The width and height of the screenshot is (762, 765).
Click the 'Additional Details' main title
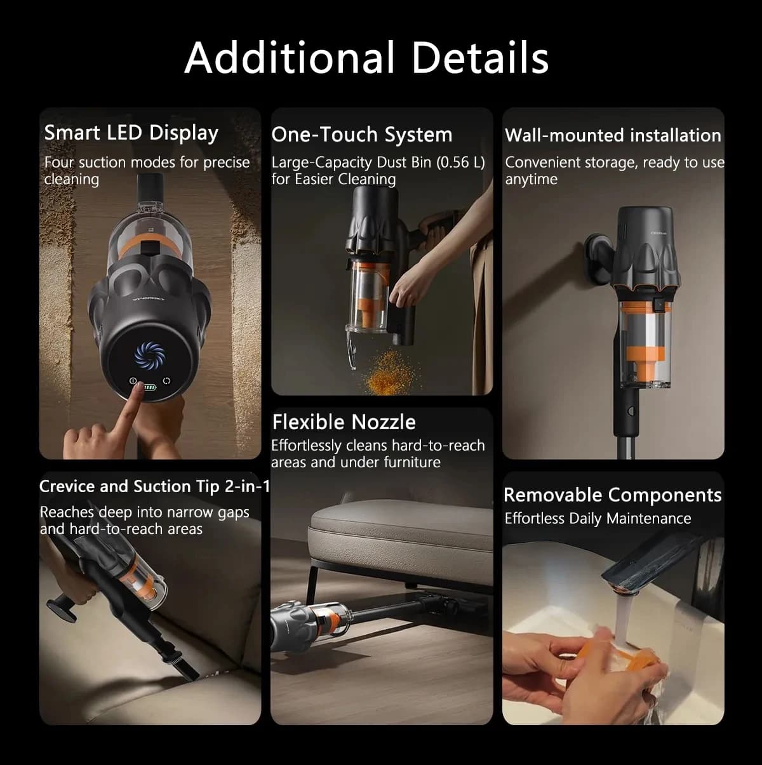tap(366, 58)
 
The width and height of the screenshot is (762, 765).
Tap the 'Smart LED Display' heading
tap(131, 133)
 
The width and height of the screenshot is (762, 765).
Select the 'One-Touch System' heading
tap(362, 135)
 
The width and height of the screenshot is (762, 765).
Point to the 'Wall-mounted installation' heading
tap(613, 135)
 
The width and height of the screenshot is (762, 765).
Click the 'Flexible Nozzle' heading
tap(344, 422)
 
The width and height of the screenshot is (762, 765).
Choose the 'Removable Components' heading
tap(613, 495)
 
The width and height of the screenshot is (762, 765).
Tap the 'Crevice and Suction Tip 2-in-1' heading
tap(154, 486)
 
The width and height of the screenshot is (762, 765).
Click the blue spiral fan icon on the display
tap(149, 354)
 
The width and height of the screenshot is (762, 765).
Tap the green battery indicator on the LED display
tap(150, 387)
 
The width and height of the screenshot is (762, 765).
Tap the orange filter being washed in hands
tap(636, 661)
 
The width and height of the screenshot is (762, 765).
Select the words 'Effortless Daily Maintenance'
tap(598, 519)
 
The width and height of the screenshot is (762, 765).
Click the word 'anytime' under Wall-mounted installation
tap(531, 180)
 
